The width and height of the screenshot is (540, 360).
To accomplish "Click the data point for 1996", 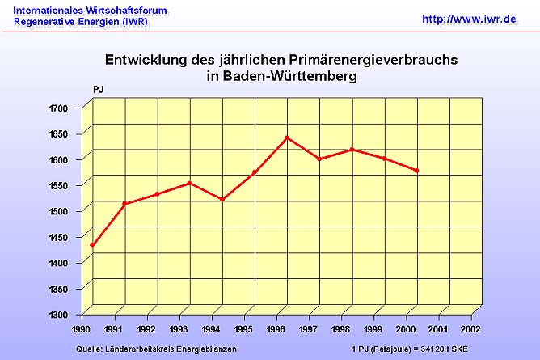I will click(x=287, y=138).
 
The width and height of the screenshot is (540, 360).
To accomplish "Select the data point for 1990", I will click(x=92, y=245).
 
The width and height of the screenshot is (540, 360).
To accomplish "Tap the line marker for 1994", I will click(x=221, y=199).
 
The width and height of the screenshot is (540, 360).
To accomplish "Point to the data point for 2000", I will click(x=416, y=171).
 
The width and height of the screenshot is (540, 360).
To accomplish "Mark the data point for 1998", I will click(x=352, y=149).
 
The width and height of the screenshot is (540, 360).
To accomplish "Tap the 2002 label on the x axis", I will click(x=470, y=330).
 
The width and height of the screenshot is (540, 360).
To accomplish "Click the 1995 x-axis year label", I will click(x=243, y=330).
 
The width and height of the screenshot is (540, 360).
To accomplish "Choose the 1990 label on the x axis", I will click(x=81, y=330).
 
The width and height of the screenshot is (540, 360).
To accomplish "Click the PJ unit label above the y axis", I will click(x=98, y=87).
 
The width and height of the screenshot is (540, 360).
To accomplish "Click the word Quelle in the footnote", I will click(x=88, y=349).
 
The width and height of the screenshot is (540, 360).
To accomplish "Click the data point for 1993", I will click(x=189, y=183).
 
